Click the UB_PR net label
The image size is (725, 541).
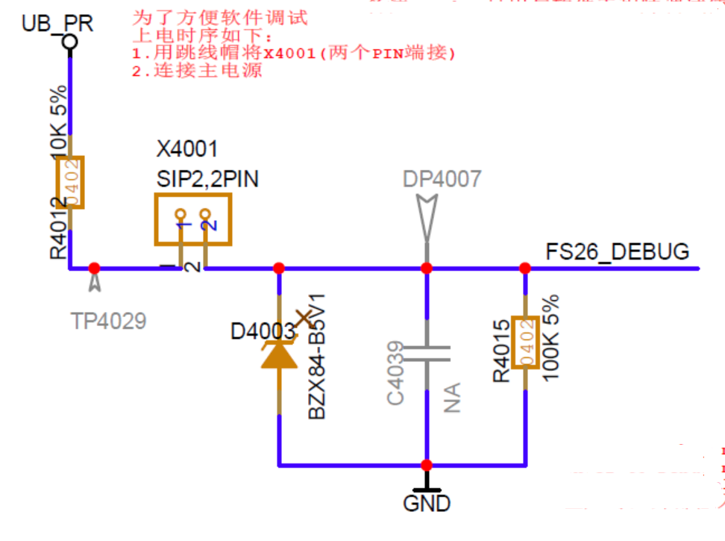(57, 23)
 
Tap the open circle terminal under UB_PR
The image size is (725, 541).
(69, 43)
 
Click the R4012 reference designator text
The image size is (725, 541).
(58, 228)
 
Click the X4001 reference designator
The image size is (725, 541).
(187, 148)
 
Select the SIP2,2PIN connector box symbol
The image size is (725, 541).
(192, 219)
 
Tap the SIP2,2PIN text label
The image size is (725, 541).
(207, 179)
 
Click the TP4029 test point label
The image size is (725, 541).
(109, 321)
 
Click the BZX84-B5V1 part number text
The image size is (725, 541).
(318, 358)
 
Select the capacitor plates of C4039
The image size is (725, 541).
(427, 352)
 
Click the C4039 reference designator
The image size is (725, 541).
(396, 373)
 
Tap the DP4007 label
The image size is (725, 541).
(442, 178)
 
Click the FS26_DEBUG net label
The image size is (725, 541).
(618, 251)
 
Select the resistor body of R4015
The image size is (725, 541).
(525, 343)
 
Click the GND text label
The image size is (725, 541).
(427, 503)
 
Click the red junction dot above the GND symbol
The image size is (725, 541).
(427, 464)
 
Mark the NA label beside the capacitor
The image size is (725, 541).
(453, 397)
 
